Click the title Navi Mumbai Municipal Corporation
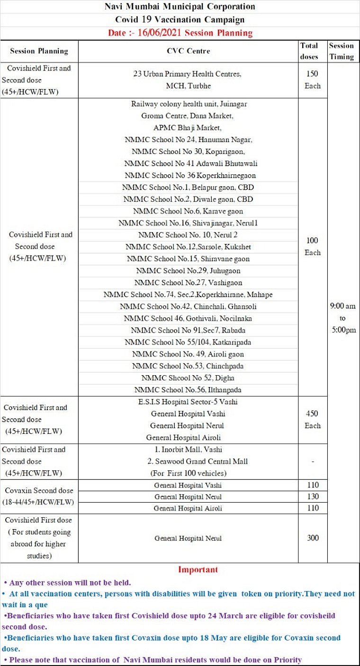[x=180, y=7]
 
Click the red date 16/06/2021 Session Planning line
[x=180, y=33]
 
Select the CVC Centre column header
[x=188, y=51]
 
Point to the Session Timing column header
[x=342, y=51]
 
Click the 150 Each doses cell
[x=312, y=80]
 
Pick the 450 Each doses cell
[x=312, y=420]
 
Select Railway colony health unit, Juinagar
[x=189, y=104]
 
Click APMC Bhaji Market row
[x=187, y=128]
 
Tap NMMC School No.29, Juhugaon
[x=188, y=271]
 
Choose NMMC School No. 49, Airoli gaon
[x=188, y=354]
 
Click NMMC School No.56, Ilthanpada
[x=188, y=390]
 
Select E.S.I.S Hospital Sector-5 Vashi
[x=187, y=402]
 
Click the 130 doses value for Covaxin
[x=312, y=496]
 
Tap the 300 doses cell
[x=312, y=538]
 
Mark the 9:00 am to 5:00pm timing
[x=343, y=318]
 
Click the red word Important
[x=198, y=569]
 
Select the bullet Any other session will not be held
[x=67, y=582]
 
